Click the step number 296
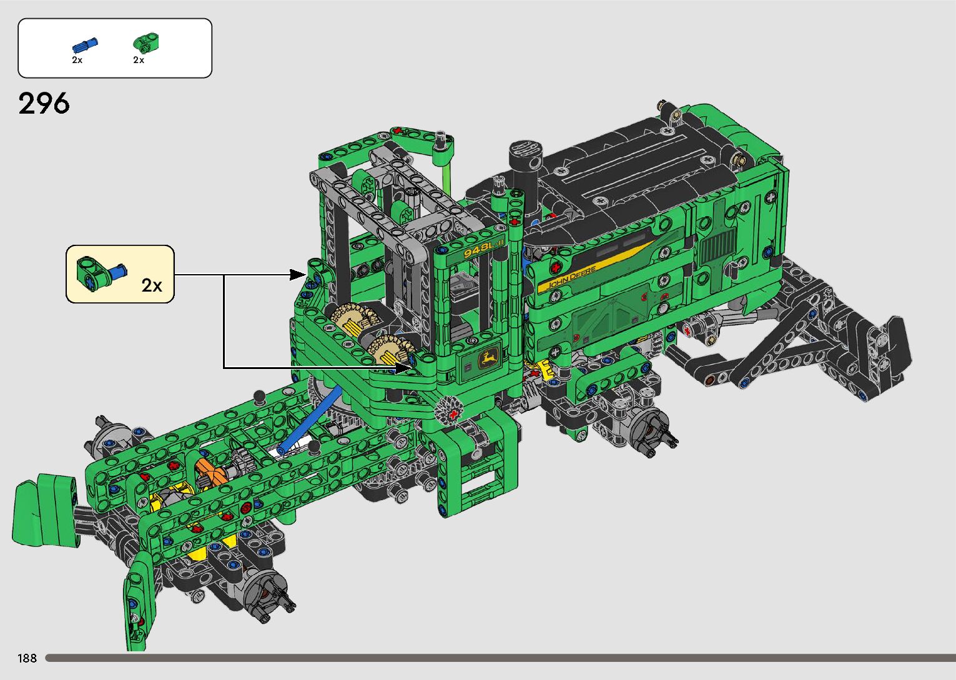[44, 104]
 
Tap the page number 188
[27, 658]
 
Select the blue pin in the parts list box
[85, 45]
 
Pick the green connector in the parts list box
[146, 43]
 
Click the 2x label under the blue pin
[77, 60]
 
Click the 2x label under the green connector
[139, 60]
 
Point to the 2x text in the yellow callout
[152, 285]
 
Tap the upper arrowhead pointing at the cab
[297, 275]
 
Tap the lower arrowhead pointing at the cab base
[403, 368]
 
